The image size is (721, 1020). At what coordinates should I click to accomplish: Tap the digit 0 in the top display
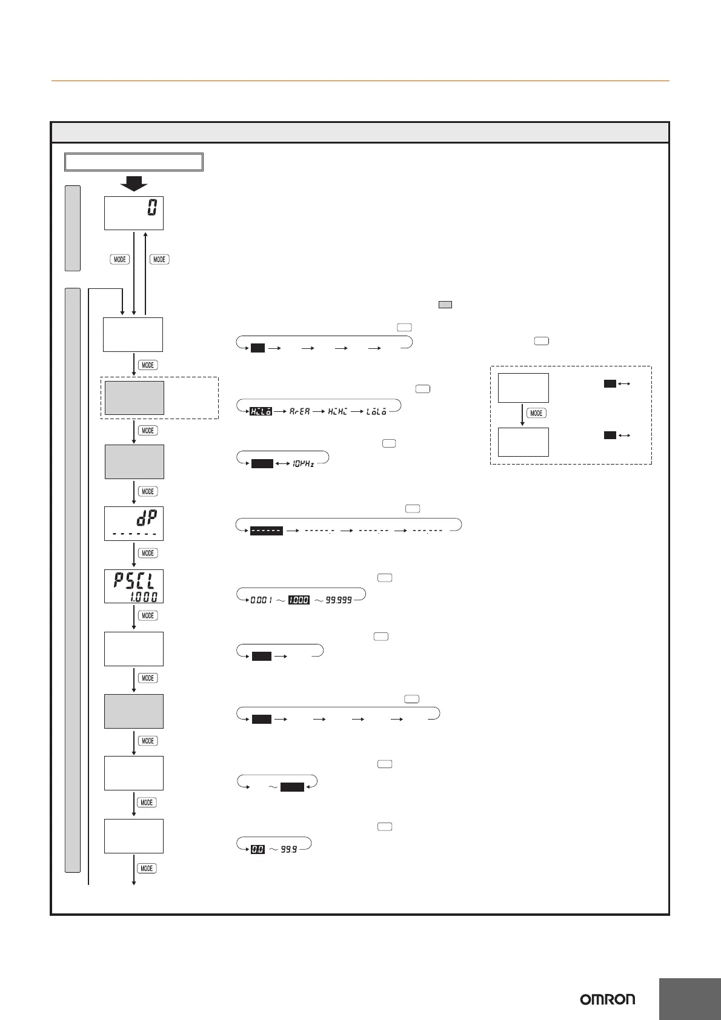pyautogui.click(x=152, y=209)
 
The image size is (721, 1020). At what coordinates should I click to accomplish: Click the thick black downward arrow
pyautogui.click(x=134, y=183)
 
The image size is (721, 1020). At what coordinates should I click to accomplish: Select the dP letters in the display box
pyautogui.click(x=144, y=517)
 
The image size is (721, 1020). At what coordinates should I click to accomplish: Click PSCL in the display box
pyautogui.click(x=134, y=581)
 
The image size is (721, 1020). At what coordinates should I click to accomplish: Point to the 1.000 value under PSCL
pyautogui.click(x=143, y=597)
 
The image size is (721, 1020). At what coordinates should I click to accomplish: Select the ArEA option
pyautogui.click(x=299, y=411)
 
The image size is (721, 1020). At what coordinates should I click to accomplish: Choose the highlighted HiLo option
pyautogui.click(x=261, y=411)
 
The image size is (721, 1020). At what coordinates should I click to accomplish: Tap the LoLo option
pyautogui.click(x=376, y=411)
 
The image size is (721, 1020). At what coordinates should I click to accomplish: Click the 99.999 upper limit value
pyautogui.click(x=339, y=600)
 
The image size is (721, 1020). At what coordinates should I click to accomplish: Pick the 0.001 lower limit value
pyautogui.click(x=262, y=600)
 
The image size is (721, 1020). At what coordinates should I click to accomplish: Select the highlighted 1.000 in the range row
pyautogui.click(x=298, y=600)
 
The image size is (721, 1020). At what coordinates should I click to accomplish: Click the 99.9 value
pyautogui.click(x=289, y=850)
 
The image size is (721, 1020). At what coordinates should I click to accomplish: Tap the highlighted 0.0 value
pyautogui.click(x=257, y=850)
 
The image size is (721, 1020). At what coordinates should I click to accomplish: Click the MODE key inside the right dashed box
pyautogui.click(x=536, y=413)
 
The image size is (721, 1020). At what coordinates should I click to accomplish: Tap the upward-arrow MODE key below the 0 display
pyautogui.click(x=159, y=259)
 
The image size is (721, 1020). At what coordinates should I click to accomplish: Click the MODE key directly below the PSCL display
pyautogui.click(x=147, y=615)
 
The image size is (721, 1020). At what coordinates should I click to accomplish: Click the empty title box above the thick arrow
pyautogui.click(x=134, y=162)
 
